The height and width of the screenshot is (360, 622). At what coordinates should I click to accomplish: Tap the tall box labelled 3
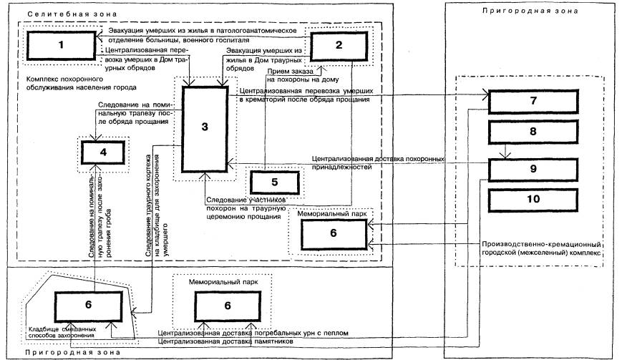pos(205,127)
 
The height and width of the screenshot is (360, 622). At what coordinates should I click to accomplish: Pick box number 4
pos(103,152)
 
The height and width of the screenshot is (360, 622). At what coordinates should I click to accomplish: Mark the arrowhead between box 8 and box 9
pos(507,154)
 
